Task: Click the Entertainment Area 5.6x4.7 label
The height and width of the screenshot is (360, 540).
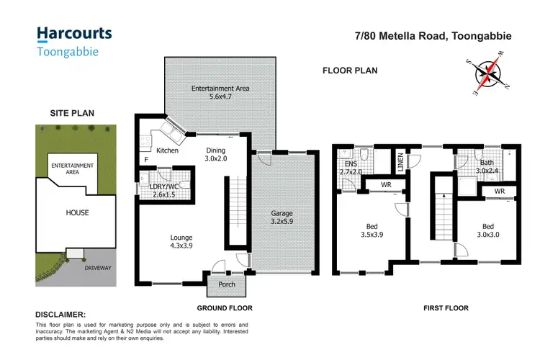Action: click(220, 92)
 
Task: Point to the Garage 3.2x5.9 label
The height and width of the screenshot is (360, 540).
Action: click(282, 218)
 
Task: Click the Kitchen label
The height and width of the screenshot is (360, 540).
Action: click(167, 150)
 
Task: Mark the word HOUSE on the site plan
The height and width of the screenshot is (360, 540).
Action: click(77, 212)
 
